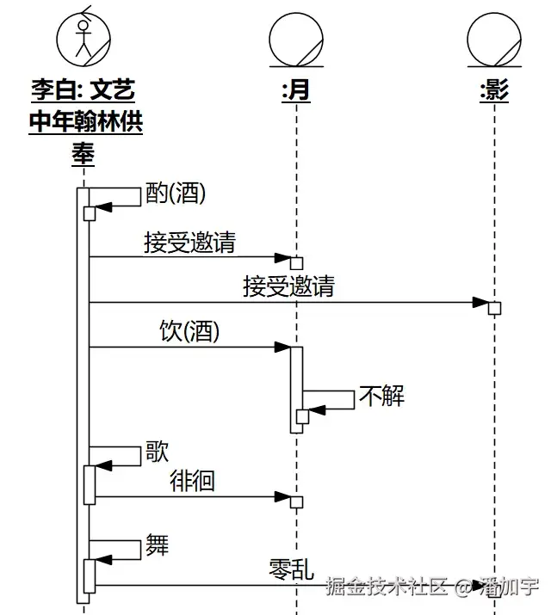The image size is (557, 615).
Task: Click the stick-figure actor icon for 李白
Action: [84, 37]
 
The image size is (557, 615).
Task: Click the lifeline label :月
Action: [295, 90]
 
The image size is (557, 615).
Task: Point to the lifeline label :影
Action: [494, 90]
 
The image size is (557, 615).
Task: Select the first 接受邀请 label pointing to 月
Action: [189, 243]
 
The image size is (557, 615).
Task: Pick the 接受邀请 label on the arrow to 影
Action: [288, 287]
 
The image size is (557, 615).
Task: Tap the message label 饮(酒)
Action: [189, 332]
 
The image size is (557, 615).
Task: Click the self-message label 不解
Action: [381, 397]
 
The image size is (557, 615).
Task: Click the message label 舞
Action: [158, 545]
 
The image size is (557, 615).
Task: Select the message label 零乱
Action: [291, 569]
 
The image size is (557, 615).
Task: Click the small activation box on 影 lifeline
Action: [494, 308]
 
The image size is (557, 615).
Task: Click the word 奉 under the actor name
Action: [84, 155]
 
